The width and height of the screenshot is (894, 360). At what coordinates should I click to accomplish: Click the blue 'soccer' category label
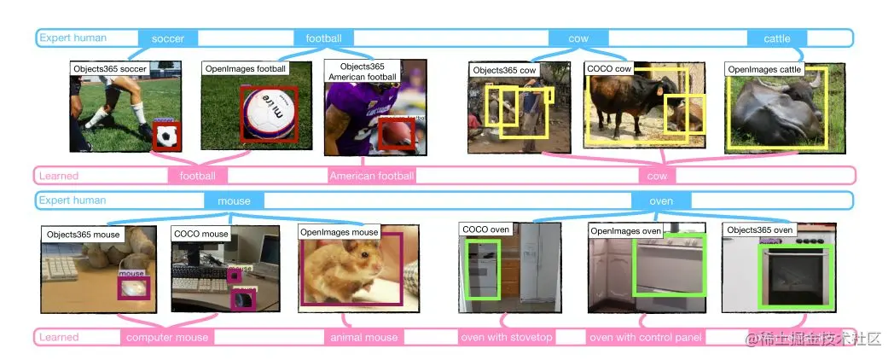(x=174, y=38)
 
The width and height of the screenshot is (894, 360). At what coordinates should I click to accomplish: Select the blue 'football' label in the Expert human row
(x=323, y=38)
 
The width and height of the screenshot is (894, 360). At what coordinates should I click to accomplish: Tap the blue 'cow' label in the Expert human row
(x=578, y=38)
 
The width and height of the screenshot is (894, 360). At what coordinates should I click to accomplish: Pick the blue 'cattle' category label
(x=776, y=38)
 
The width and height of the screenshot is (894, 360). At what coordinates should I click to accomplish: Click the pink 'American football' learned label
(x=371, y=176)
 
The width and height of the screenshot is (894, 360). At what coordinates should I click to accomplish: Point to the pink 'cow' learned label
(x=657, y=176)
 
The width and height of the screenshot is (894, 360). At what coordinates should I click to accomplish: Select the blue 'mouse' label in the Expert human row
(x=234, y=201)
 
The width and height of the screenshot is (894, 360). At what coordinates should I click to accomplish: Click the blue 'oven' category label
(x=661, y=201)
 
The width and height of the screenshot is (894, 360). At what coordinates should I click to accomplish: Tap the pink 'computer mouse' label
(x=167, y=337)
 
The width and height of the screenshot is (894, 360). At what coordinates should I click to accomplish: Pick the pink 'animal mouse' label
(x=363, y=337)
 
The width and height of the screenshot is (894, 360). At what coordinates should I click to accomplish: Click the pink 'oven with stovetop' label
(x=507, y=337)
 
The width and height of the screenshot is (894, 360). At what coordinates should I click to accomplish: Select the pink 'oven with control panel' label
(x=646, y=337)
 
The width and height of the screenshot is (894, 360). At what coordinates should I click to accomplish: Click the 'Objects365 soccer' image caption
(x=109, y=68)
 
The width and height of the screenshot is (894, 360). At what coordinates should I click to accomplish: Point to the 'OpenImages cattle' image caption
(x=764, y=69)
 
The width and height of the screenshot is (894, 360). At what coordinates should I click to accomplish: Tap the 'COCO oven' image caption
(x=486, y=229)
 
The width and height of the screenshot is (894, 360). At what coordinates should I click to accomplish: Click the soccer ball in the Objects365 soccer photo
(x=167, y=136)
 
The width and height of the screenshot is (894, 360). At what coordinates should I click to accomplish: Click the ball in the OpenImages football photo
(x=267, y=113)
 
